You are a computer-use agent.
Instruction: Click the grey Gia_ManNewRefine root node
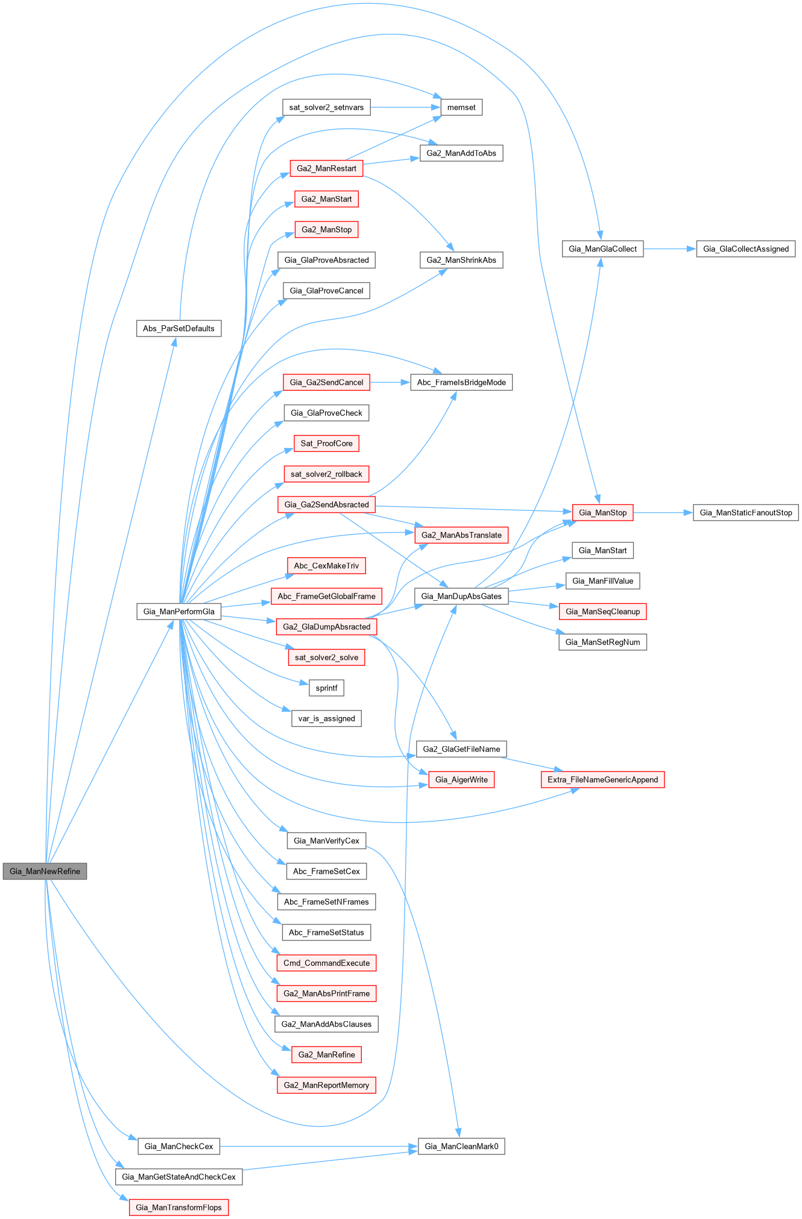pos(45,871)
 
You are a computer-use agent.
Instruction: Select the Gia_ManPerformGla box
pos(178,611)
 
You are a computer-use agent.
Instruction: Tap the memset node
pos(461,107)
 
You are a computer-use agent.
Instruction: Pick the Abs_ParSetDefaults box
pos(178,329)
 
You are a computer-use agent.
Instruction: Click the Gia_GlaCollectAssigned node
pos(745,249)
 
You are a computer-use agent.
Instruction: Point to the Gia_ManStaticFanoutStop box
pos(745,513)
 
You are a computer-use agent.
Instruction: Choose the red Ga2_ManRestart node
pos(326,168)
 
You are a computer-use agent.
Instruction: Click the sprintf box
pos(326,688)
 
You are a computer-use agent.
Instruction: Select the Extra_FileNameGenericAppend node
pos(602,779)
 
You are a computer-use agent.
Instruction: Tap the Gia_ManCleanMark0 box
pos(461,1146)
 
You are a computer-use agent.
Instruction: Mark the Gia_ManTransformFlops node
pos(178,1207)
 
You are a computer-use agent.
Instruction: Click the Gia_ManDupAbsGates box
pos(461,596)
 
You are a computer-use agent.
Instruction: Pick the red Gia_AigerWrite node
pos(461,779)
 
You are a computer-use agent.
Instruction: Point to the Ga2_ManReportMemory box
pos(326,1085)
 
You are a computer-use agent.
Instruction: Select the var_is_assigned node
pos(326,718)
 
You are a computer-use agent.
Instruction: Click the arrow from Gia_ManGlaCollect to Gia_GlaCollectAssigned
pos(669,249)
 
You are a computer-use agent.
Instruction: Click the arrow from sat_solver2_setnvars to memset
pos(404,107)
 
